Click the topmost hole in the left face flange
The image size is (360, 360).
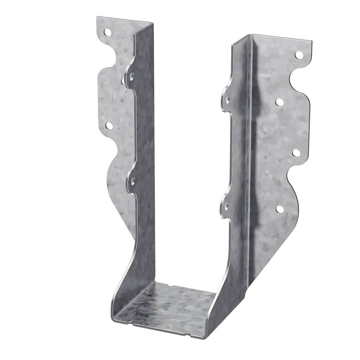click(107, 33)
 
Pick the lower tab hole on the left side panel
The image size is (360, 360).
click(133, 181)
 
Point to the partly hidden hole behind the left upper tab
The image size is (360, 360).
click(123, 82)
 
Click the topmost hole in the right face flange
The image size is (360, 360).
click(298, 54)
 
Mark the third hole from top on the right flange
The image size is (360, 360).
click(296, 153)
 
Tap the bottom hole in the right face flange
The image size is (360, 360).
click(279, 210)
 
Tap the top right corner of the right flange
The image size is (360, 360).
click(314, 40)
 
